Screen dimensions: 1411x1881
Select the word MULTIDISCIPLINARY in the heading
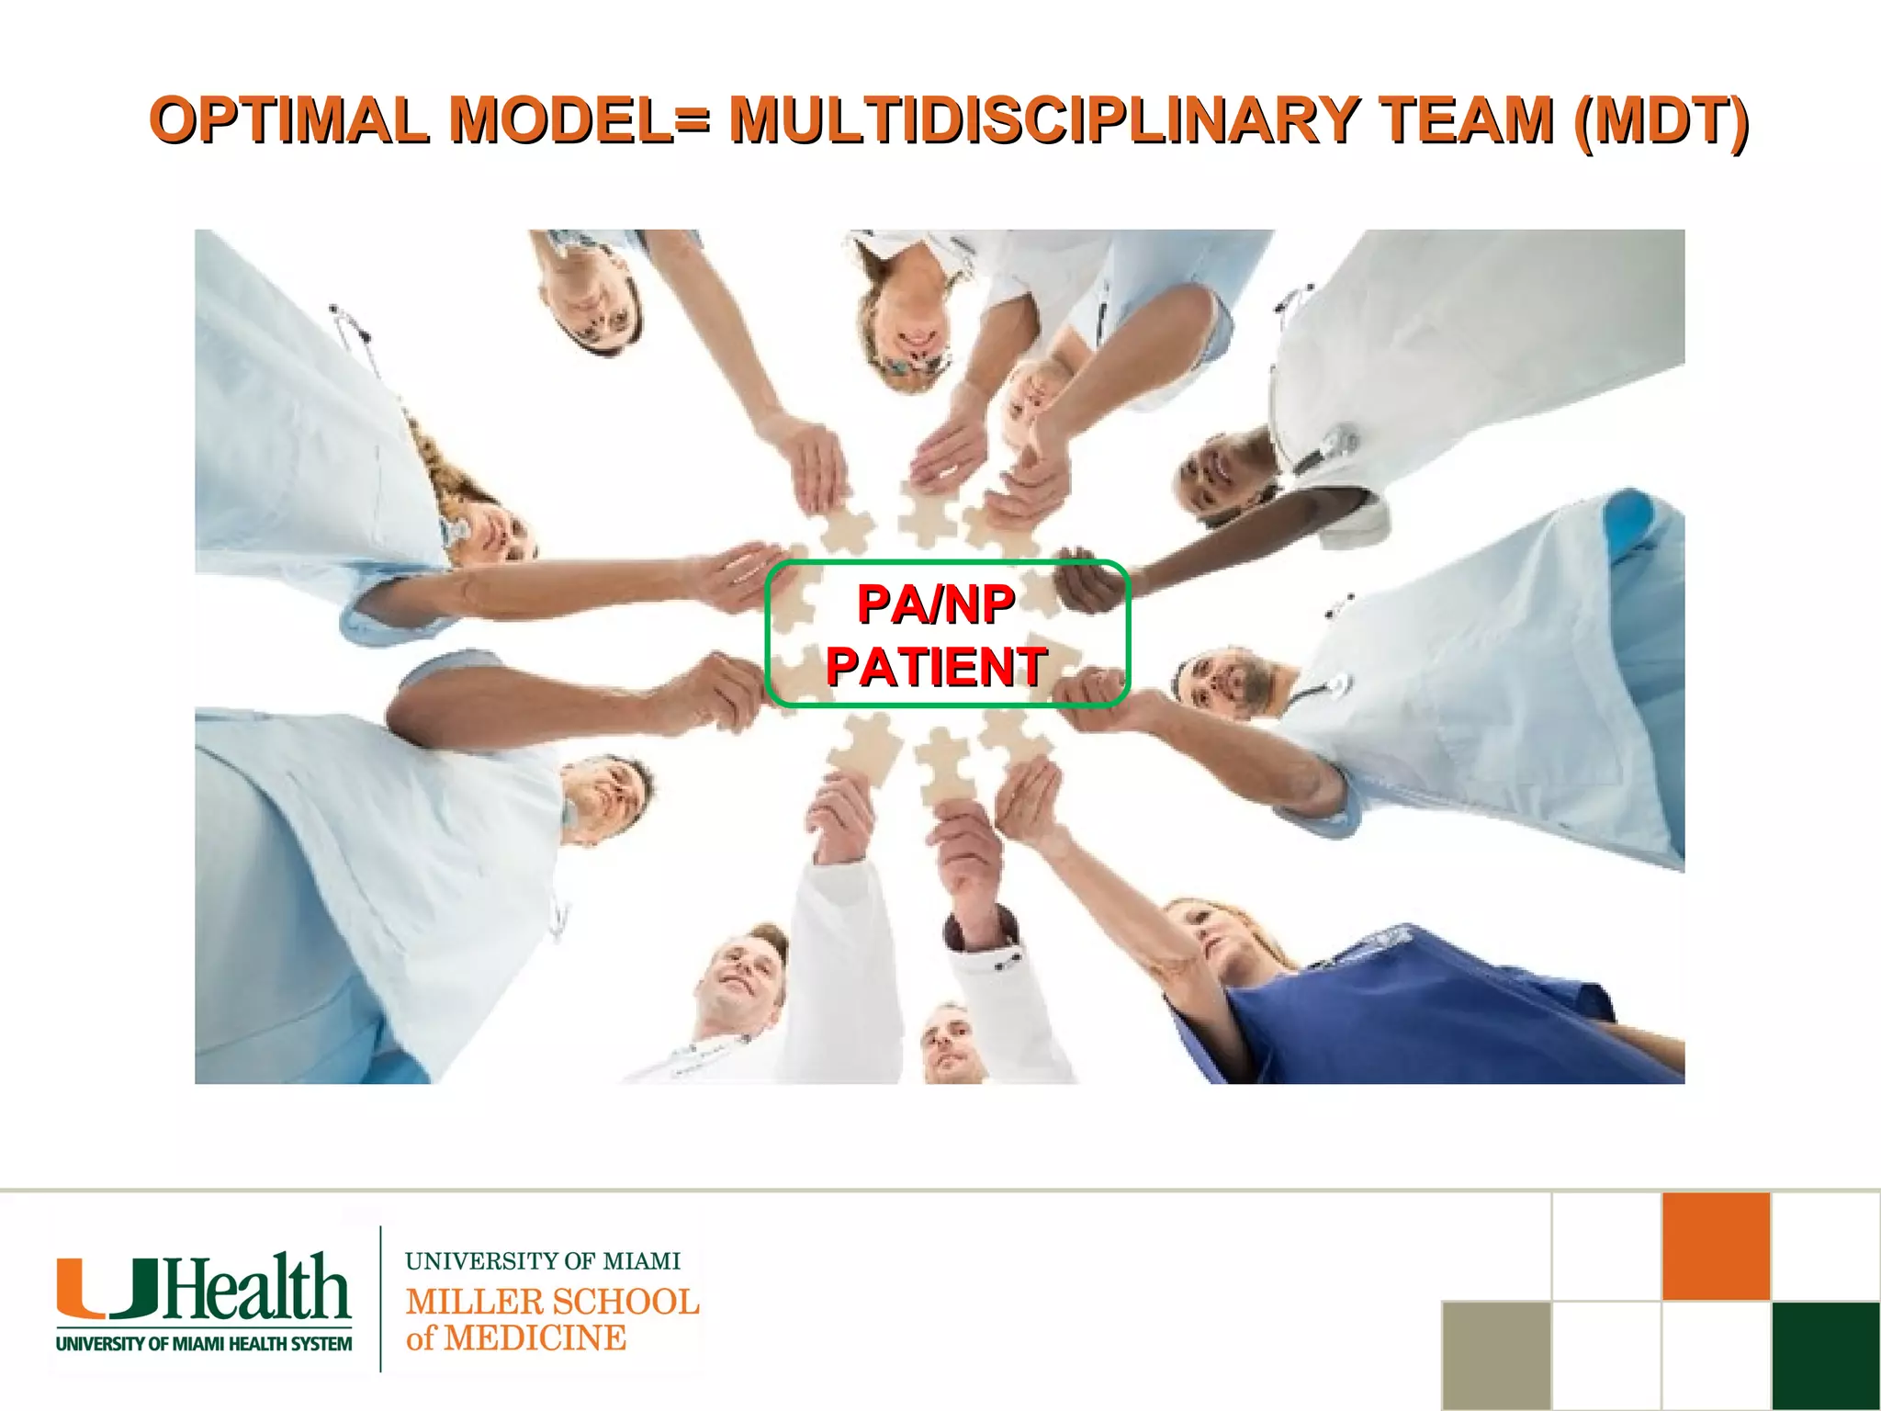[x=1043, y=120]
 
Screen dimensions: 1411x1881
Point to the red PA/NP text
[x=935, y=604]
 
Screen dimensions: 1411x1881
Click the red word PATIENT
[x=935, y=666]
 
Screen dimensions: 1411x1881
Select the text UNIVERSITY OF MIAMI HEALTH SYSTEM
[x=204, y=1344]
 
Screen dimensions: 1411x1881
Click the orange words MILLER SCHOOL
[x=552, y=1302]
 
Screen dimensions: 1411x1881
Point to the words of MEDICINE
[x=516, y=1338]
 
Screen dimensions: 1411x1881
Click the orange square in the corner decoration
[x=1715, y=1247]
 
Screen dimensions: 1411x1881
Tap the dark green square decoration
[x=1825, y=1355]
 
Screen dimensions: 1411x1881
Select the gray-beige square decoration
[x=1496, y=1355]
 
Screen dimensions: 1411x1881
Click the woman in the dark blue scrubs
[x=1378, y=992]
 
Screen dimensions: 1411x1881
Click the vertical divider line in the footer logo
[x=380, y=1298]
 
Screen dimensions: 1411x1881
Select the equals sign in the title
[x=691, y=120]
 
